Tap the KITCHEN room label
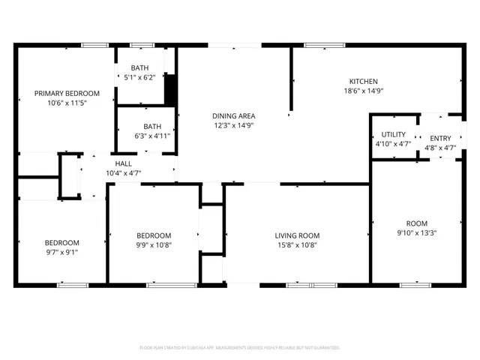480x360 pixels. tap(363, 82)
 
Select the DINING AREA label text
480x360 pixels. tap(234, 115)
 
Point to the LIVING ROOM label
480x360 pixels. tap(297, 235)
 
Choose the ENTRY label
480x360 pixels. tap(440, 138)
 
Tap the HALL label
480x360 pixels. tap(124, 163)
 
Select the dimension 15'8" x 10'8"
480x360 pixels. tap(297, 244)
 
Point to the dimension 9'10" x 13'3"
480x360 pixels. tap(416, 233)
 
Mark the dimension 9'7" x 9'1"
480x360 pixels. tap(61, 252)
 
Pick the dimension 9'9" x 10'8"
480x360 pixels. tap(153, 244)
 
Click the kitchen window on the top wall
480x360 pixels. tap(324, 45)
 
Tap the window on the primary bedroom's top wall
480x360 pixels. tap(94, 45)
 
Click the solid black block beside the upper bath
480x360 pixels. tap(170, 90)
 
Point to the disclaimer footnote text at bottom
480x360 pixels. tap(240, 348)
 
